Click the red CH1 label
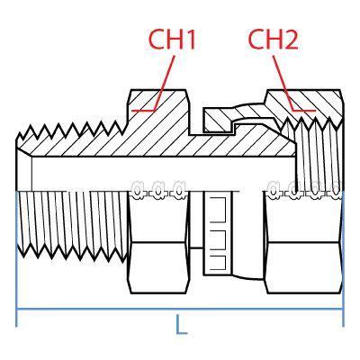click(x=172, y=40)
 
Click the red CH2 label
click(x=273, y=40)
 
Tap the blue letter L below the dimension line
click(x=181, y=324)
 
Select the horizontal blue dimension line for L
click(x=180, y=309)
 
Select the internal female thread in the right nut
click(x=318, y=156)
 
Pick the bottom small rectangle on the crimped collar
click(x=218, y=262)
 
